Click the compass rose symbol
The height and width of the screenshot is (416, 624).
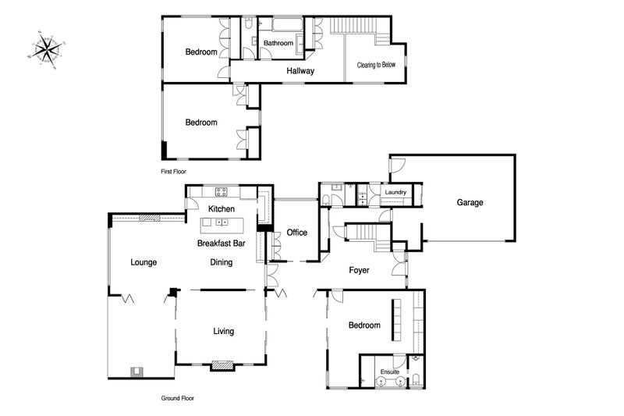(x=47, y=50)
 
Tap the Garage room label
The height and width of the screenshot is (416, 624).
(x=470, y=203)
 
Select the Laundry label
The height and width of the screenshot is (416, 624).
(x=395, y=192)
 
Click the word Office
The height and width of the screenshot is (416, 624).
(x=297, y=233)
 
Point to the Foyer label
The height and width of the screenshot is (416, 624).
(x=359, y=270)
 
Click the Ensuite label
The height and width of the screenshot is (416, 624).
(x=389, y=372)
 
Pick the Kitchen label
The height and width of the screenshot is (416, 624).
(x=222, y=209)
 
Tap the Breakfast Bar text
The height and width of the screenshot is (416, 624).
(x=222, y=244)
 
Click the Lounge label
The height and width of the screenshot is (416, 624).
(x=144, y=262)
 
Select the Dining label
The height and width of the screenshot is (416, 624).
(x=222, y=262)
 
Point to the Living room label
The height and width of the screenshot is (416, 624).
(x=223, y=331)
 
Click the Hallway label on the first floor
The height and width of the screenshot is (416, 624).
(x=300, y=71)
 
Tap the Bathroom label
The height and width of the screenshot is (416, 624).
(x=278, y=43)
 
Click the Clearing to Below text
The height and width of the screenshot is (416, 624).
(x=376, y=65)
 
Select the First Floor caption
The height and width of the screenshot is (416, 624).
(x=173, y=172)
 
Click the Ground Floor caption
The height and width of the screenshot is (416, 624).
(x=178, y=398)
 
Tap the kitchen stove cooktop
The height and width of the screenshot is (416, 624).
(x=222, y=192)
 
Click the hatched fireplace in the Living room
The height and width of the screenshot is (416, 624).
(x=222, y=365)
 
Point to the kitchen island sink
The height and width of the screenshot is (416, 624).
(x=222, y=222)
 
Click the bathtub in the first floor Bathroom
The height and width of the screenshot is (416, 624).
(x=287, y=24)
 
